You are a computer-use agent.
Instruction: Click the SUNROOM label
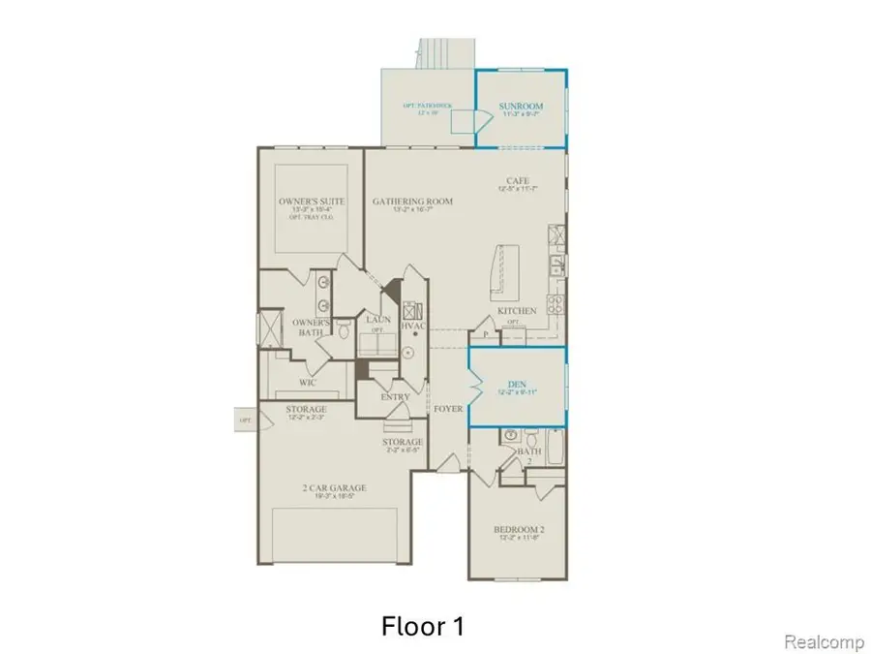pos(521,106)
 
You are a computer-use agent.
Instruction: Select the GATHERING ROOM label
pos(412,202)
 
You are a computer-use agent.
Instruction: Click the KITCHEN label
pos(517,310)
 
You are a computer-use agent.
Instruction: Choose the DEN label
pos(517,384)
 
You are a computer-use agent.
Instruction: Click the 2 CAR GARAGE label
pos(331,487)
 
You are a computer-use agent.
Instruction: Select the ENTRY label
pos(395,396)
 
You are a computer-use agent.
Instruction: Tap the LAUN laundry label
pos(376,319)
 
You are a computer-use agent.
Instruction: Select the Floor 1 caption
pos(423,626)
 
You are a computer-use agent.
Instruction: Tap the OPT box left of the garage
pos(245,420)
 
